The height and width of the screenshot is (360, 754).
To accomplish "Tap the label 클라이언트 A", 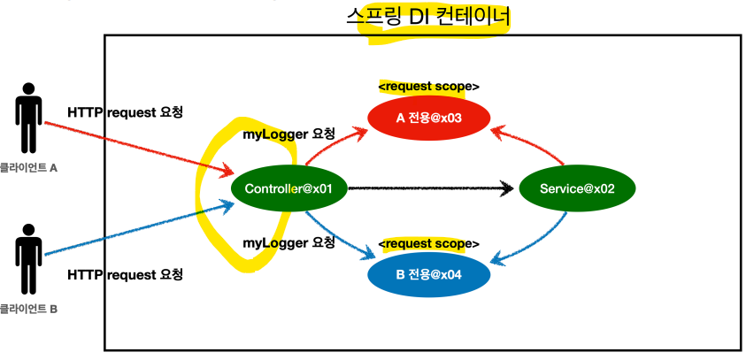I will pos(28,166).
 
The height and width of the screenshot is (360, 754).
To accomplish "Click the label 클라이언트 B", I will pos(28,309).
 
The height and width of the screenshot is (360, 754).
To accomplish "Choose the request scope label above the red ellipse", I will pos(428,87).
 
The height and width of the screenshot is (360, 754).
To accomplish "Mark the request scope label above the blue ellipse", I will pos(428,243).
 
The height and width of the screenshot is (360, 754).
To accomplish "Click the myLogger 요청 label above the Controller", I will pos(289,134).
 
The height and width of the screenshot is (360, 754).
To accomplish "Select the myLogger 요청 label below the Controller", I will pos(289,241).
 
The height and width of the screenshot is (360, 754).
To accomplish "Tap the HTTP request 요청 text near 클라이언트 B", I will pos(125,275).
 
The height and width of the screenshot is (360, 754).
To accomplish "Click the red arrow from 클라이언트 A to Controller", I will pos(133,146).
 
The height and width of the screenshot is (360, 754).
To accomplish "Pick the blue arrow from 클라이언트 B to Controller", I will pos(133,231).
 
